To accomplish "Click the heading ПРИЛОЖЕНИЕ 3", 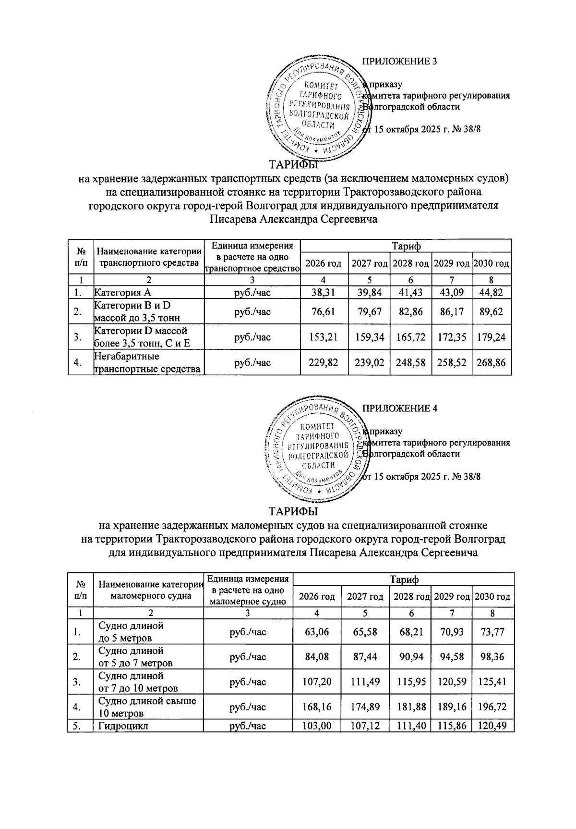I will tap(399, 62).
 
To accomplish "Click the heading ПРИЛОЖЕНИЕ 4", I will tap(399, 408).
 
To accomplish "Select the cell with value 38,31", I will tap(324, 292).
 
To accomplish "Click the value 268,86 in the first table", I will tap(492, 363).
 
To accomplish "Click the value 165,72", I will tap(410, 337).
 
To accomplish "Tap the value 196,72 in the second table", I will tap(492, 707).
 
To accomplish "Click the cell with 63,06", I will tap(317, 632).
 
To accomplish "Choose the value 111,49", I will tap(365, 682).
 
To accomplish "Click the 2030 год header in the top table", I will tap(492, 263).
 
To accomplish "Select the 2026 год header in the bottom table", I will tap(317, 596).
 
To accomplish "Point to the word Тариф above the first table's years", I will tap(406, 247).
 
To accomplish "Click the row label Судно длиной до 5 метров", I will tap(131, 632).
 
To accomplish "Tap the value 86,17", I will tap(452, 312).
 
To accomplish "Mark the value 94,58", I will tap(452, 657).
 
